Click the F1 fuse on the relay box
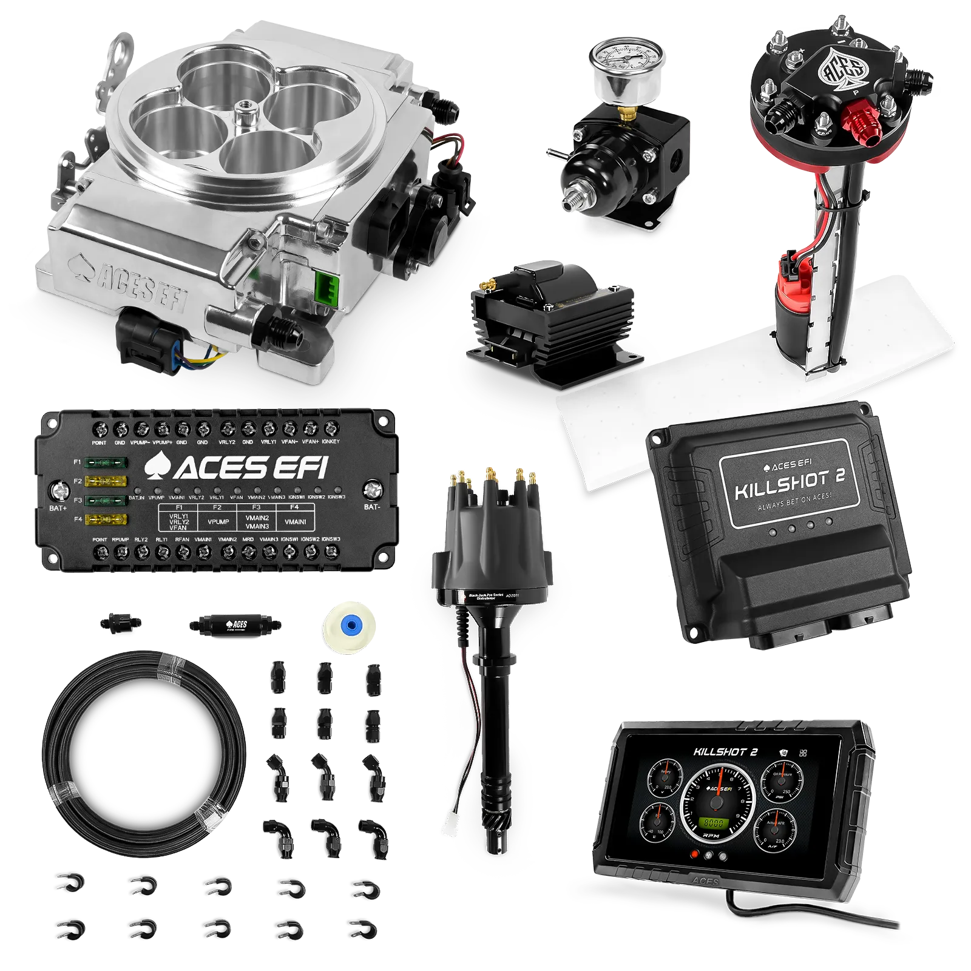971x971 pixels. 106,463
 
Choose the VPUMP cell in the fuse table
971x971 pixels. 218,521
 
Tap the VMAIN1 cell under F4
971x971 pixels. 295,521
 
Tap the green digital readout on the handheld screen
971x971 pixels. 712,823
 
